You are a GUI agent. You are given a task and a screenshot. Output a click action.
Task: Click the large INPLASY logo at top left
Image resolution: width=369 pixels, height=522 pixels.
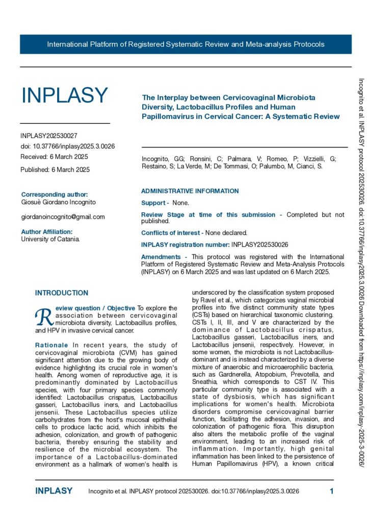click(65, 95)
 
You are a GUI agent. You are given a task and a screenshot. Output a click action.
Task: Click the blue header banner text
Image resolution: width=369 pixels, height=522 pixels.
click(186, 44)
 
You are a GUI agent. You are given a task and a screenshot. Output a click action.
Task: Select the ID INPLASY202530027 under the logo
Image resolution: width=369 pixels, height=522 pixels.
click(49, 136)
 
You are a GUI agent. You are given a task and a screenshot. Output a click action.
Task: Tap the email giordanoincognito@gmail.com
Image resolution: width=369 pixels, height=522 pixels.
click(63, 217)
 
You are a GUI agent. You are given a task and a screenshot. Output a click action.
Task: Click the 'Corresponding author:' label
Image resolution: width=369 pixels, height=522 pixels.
click(55, 194)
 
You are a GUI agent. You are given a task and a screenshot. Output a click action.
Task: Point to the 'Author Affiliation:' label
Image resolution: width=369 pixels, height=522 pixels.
click(47, 231)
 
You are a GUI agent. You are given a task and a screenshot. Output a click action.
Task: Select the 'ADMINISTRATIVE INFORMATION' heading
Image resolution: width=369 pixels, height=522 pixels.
click(190, 191)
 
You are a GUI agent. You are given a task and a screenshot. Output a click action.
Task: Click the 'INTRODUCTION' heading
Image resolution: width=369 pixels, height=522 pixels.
click(62, 293)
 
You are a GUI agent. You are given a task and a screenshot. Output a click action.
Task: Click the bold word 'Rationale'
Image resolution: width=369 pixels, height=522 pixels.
click(51, 346)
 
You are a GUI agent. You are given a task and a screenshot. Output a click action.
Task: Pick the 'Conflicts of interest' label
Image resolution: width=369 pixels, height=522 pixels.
click(171, 233)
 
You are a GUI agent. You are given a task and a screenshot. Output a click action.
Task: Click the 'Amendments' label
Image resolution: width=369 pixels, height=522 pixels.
click(161, 257)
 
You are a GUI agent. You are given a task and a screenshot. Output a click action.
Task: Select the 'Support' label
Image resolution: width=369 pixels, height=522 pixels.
click(153, 203)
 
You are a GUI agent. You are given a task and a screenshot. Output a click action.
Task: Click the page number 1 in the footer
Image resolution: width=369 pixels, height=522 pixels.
click(331, 491)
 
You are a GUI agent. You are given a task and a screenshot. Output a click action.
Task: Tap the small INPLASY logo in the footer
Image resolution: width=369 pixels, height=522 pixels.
click(54, 491)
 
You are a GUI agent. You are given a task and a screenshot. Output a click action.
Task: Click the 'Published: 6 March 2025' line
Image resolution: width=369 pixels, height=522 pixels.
click(55, 169)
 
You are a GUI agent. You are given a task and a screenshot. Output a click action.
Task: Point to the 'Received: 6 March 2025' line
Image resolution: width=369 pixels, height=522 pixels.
click(54, 156)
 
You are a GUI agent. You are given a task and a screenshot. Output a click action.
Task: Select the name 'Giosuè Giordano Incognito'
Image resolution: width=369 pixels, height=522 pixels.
click(58, 202)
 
